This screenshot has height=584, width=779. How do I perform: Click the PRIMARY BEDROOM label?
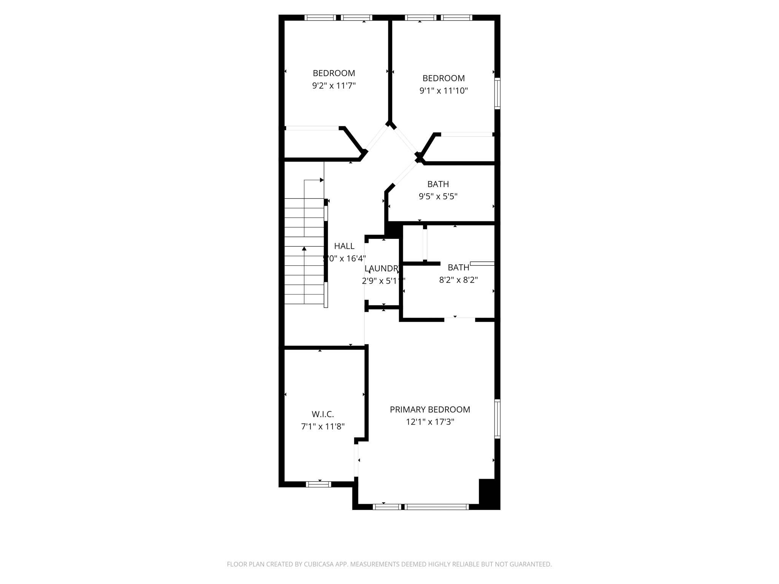coord(430,409)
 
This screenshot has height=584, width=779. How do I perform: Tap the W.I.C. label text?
coord(323,414)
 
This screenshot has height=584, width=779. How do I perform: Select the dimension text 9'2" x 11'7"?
coord(334,86)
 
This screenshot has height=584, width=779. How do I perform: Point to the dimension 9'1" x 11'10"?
coord(444,90)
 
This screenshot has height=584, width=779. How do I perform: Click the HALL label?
coord(344,246)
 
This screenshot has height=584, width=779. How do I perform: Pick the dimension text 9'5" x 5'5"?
coord(438,196)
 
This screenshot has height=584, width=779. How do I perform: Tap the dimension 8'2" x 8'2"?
coord(458,280)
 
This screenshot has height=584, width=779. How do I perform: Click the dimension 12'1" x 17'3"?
coord(430,422)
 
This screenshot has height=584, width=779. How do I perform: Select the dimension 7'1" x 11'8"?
coord(323,427)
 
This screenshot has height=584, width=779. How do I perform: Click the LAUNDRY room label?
coord(382,268)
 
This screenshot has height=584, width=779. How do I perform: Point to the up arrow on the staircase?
coord(304,249)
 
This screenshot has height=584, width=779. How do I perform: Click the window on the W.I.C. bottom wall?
coord(318,484)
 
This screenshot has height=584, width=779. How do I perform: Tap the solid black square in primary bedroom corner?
coord(488,493)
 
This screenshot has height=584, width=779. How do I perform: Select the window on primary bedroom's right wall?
coord(497,419)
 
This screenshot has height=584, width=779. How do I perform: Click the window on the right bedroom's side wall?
coord(497,94)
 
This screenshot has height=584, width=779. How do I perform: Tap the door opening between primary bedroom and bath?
coord(459,319)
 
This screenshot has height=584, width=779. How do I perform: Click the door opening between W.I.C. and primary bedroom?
coord(356,460)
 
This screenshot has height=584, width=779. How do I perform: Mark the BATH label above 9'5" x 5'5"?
coord(438,184)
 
